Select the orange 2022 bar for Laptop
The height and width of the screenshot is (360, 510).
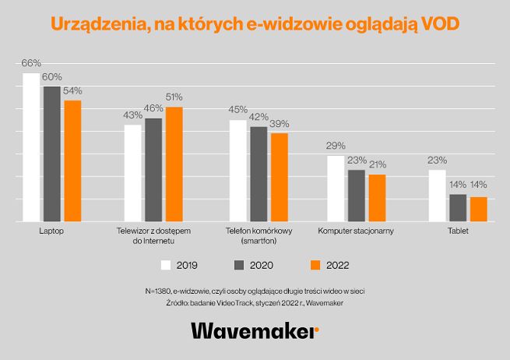click(x=72, y=161)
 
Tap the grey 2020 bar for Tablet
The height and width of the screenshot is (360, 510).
click(x=458, y=208)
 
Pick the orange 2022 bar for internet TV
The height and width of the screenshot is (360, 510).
click(x=174, y=164)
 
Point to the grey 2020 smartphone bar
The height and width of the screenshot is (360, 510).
click(x=259, y=174)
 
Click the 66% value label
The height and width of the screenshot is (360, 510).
click(x=31, y=62)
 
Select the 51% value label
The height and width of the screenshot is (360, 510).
click(x=174, y=97)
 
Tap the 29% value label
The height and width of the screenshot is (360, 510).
click(x=336, y=146)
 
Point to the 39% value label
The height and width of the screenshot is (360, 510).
click(x=280, y=123)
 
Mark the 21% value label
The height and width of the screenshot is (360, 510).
click(x=378, y=164)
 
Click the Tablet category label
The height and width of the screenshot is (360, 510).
click(x=458, y=231)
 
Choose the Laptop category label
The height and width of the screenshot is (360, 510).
click(x=51, y=231)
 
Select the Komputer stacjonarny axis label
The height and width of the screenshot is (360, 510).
click(x=356, y=231)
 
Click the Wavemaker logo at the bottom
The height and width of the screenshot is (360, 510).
click(x=255, y=330)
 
